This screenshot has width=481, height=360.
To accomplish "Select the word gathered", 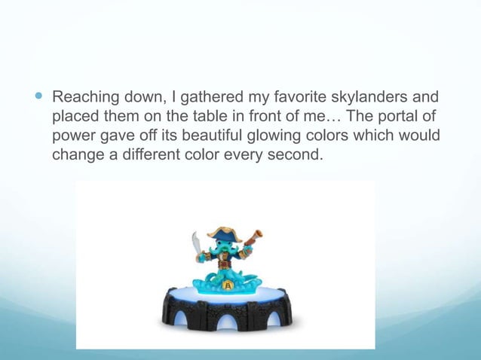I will pyautogui.click(x=208, y=98).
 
